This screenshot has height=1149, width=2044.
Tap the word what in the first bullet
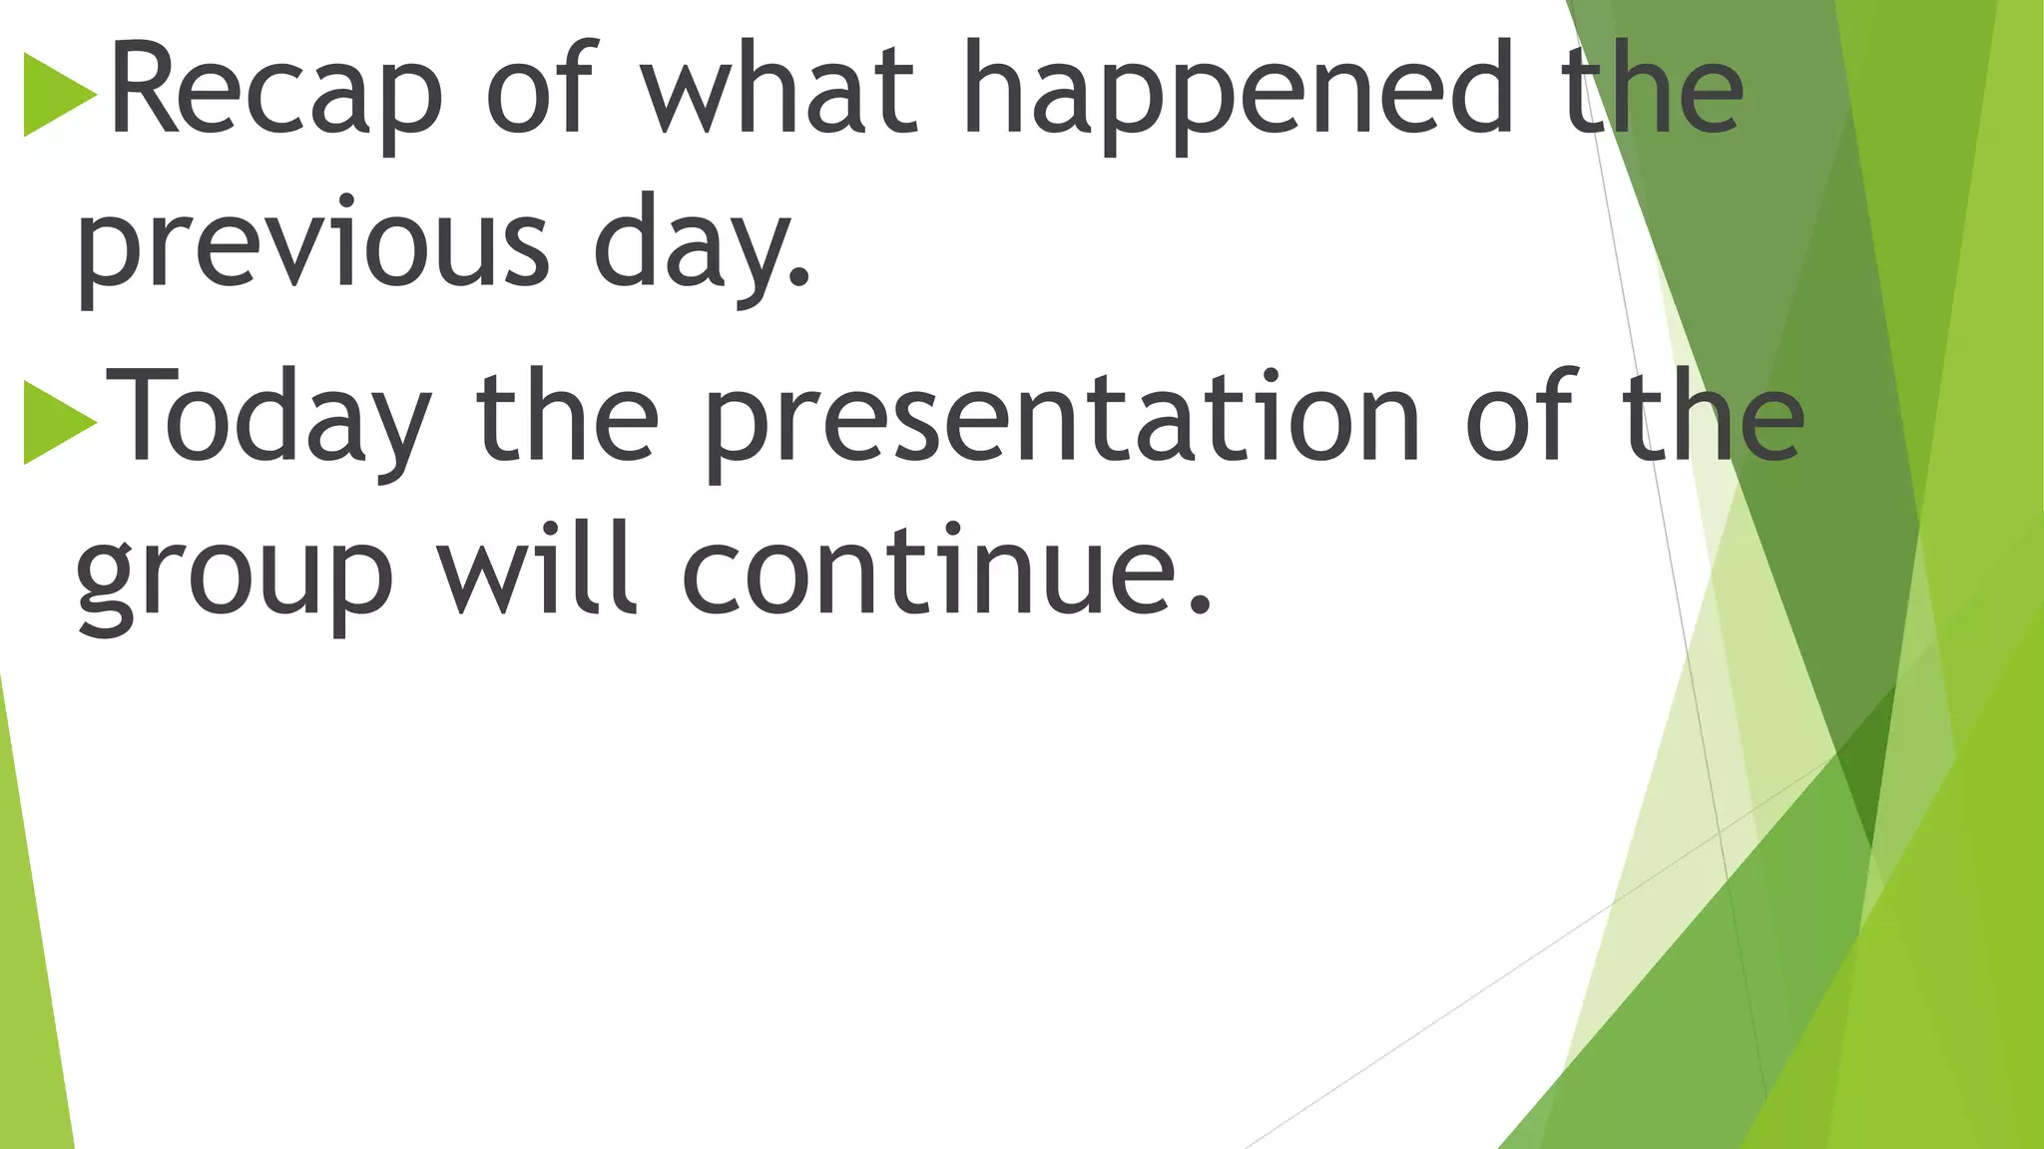[x=777, y=90]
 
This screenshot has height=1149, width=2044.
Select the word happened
[x=1238, y=90]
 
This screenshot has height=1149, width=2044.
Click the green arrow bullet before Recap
[x=59, y=95]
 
